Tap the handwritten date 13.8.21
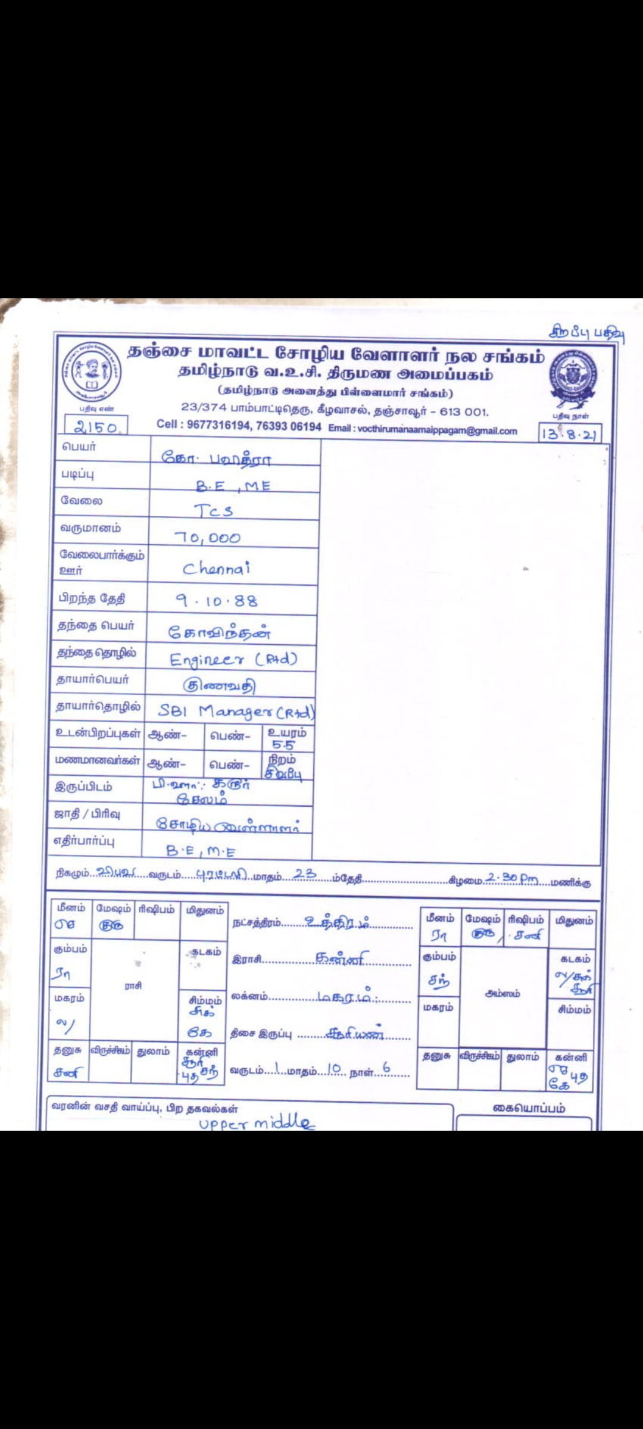(569, 434)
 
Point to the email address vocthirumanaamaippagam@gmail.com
(437, 430)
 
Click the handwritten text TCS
(213, 511)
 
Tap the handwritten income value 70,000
(207, 538)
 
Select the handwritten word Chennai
(216, 569)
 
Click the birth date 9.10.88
(217, 601)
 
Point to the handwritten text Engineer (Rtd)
(233, 660)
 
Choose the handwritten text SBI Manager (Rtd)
(236, 711)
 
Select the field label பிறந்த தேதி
(92, 598)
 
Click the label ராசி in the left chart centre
(133, 986)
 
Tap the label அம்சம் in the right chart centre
(502, 993)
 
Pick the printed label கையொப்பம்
(529, 1108)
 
